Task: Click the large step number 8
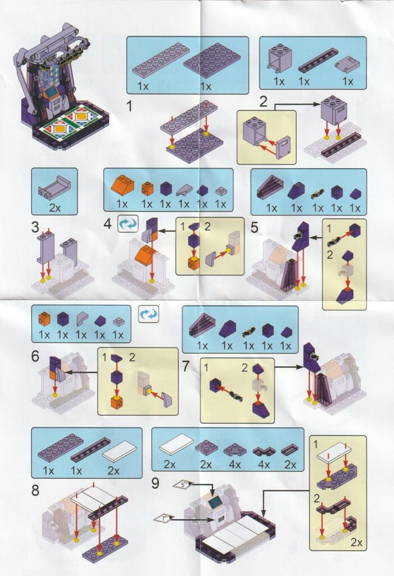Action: (35, 490)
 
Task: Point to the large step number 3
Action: (35, 227)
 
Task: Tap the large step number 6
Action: (35, 356)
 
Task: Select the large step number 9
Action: (155, 483)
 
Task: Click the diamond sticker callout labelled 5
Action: (183, 484)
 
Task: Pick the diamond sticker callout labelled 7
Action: (164, 518)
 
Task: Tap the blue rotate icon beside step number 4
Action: (128, 224)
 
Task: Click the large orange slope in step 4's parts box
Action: (123, 184)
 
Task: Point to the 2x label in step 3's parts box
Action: (55, 208)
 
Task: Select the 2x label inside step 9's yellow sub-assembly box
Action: (356, 542)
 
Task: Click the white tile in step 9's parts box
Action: (176, 444)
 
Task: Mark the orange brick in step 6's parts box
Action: (44, 318)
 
